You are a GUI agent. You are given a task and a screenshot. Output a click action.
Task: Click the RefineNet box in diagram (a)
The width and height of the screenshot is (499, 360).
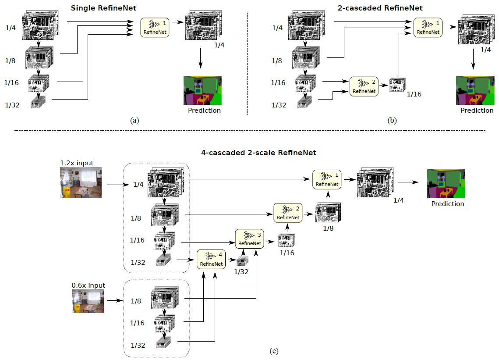coord(155,28)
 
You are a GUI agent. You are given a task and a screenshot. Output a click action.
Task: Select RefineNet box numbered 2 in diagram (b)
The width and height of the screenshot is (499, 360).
coord(364,87)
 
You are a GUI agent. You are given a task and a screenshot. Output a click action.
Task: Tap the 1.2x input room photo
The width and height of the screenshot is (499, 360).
coord(81,182)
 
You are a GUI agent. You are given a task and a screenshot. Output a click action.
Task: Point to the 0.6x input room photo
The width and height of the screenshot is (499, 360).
coord(88,301)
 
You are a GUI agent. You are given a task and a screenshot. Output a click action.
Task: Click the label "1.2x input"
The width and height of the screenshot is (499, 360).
coord(77,163)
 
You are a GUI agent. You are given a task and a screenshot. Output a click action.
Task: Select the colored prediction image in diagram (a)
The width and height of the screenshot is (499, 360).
coord(203,90)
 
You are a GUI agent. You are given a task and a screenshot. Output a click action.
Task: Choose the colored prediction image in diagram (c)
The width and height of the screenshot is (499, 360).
coord(446,184)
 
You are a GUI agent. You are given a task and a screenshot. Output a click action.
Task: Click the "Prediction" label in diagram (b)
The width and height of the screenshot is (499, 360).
coord(477,110)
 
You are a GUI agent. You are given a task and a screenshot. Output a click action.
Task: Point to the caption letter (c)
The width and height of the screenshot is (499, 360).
coord(274,351)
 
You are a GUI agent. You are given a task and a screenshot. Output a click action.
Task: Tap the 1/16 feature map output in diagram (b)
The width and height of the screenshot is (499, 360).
coord(397,85)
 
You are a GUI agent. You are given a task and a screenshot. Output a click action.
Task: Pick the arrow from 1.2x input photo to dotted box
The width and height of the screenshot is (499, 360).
coord(116,185)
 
